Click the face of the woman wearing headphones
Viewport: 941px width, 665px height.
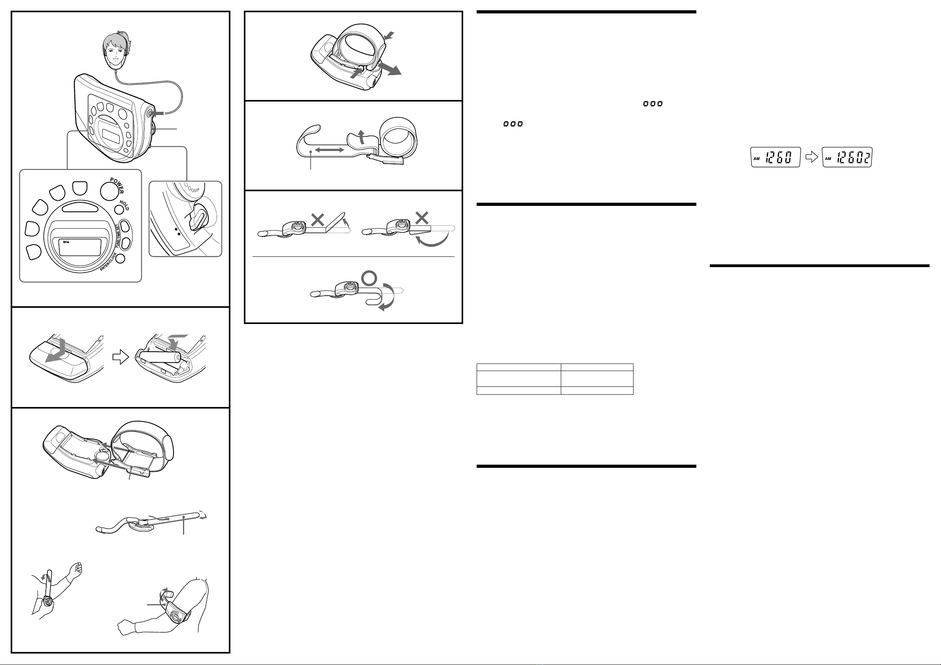tap(115, 52)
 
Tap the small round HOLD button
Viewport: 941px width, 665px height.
tap(119, 210)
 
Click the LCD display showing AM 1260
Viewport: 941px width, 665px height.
tap(775, 157)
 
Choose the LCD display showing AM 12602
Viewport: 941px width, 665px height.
tap(847, 157)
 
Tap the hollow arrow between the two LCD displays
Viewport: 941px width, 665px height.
tap(811, 157)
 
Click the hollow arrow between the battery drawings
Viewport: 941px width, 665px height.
tap(121, 357)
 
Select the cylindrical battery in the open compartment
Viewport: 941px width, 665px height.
tap(158, 356)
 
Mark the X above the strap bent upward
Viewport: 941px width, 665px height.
tap(317, 220)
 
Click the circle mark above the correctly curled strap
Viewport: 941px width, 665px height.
tap(369, 279)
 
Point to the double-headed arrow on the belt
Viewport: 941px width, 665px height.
tap(330, 151)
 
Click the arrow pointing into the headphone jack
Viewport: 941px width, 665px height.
tap(158, 113)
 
